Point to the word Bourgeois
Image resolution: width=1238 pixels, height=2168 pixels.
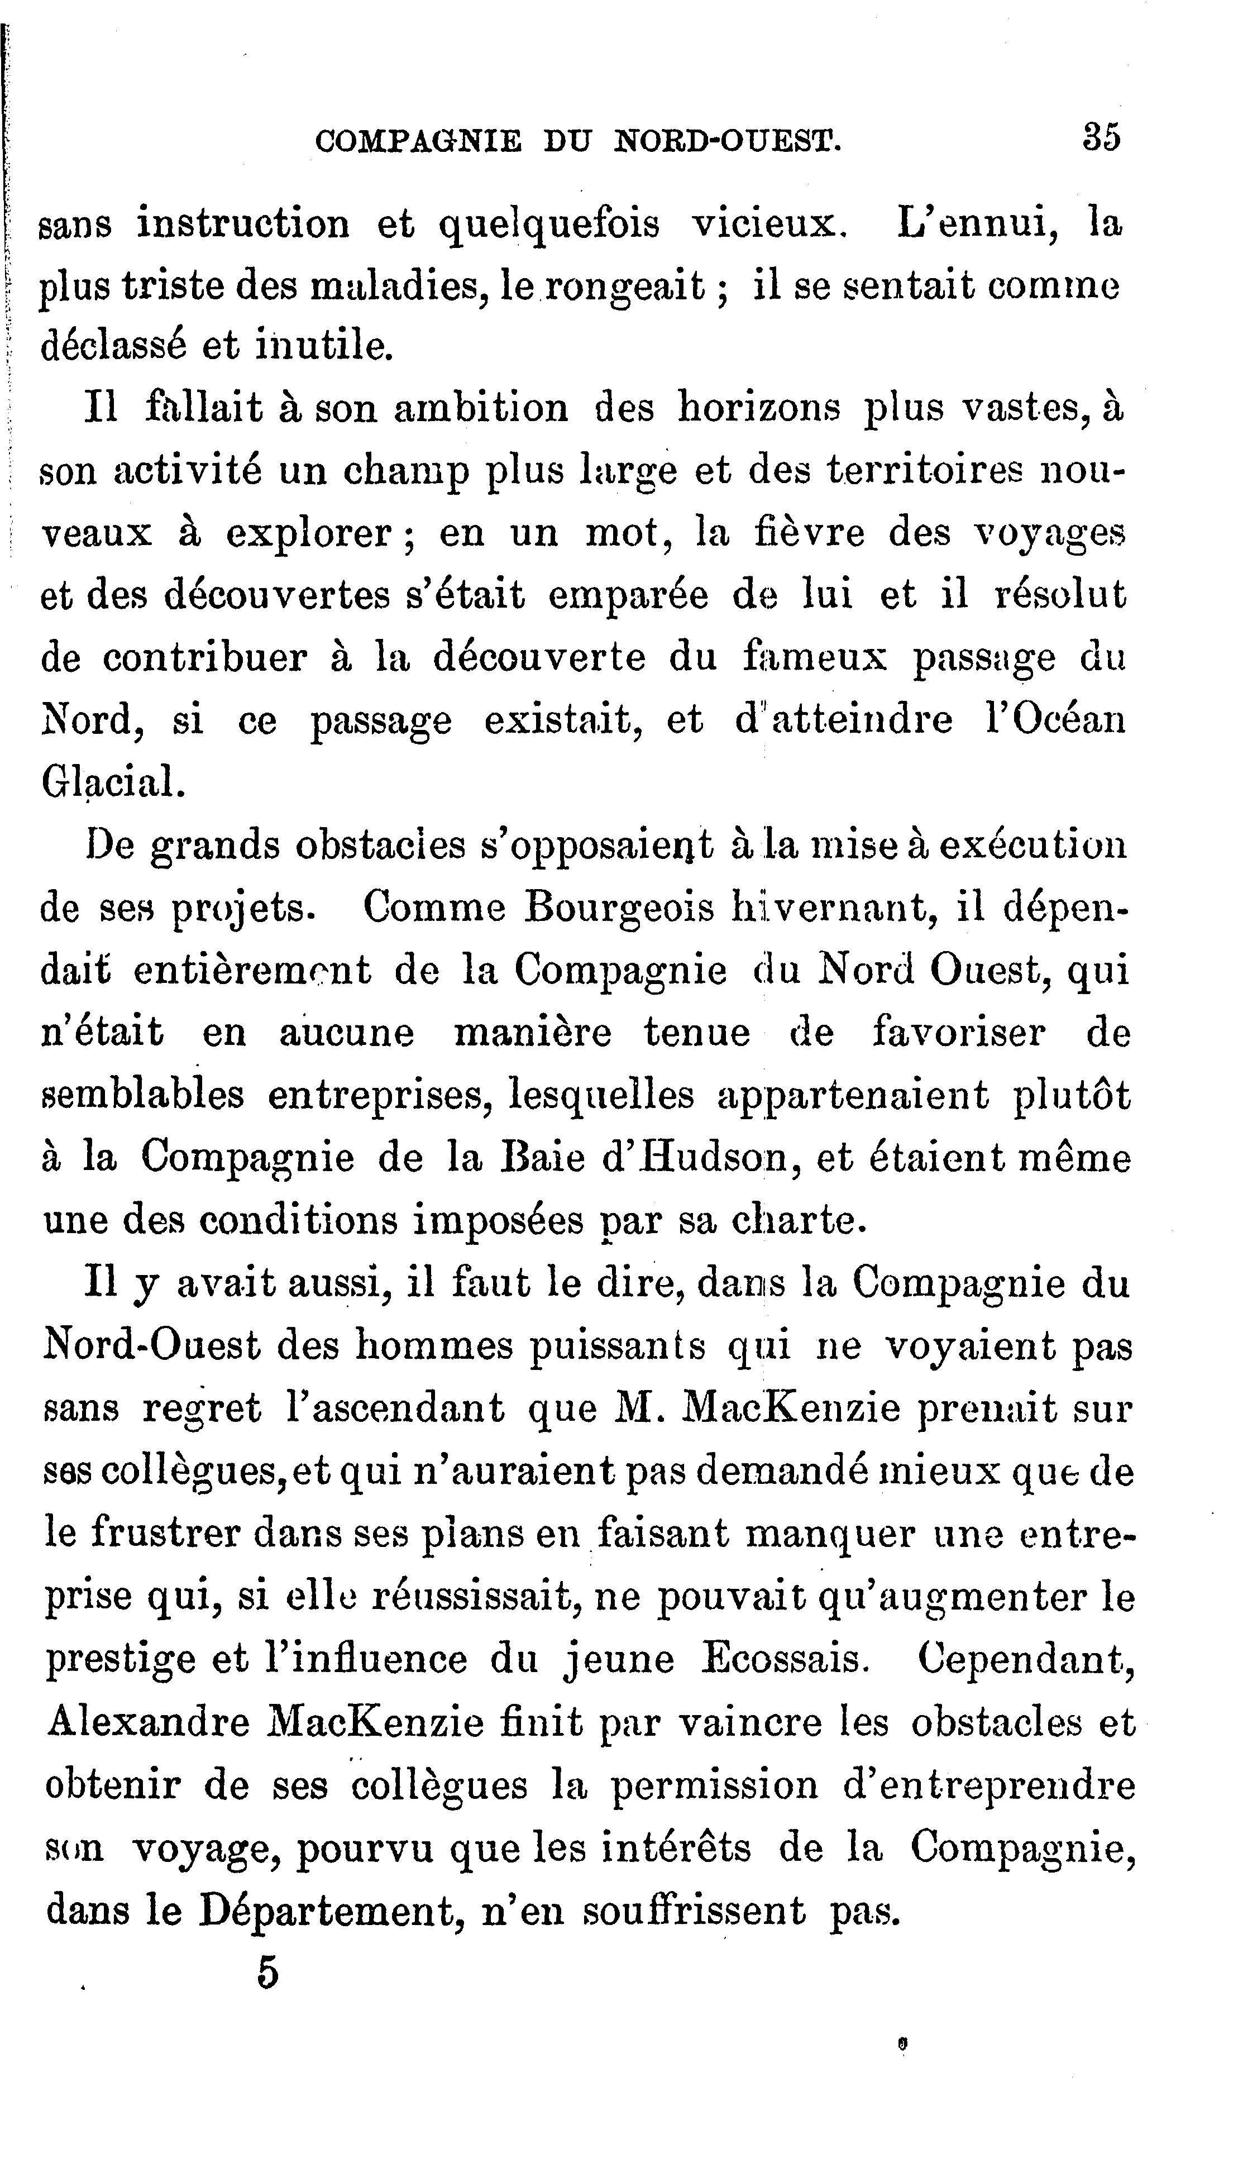[x=619, y=908]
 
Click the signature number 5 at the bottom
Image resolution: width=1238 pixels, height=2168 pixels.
[x=267, y=1973]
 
